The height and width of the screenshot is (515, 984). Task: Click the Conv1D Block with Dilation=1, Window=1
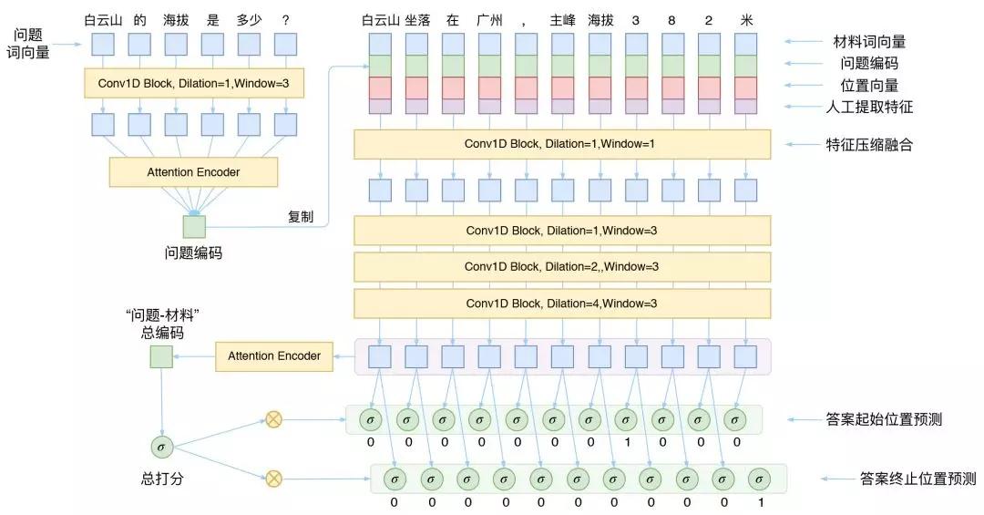561,144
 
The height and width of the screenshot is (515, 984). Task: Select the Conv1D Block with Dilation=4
561,303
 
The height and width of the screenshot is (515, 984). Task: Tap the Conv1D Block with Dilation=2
561,266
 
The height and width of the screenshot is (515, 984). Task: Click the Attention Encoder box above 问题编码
193,172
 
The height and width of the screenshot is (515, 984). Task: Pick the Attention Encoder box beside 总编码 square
274,356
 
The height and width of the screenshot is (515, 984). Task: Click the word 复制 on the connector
301,217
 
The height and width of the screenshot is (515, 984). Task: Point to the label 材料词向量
869,42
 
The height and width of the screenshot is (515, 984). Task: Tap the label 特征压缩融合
869,144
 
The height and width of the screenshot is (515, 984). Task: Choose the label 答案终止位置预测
917,478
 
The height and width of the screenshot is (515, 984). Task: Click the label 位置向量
869,85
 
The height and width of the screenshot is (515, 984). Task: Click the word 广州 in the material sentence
488,19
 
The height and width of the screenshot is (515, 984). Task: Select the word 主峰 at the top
563,19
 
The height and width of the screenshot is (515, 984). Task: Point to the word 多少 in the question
249,19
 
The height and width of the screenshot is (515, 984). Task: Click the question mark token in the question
285,19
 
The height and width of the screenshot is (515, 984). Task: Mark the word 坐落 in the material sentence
415,19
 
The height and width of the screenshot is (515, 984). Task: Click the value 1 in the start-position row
626,442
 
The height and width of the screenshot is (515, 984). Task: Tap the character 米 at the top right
746,19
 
